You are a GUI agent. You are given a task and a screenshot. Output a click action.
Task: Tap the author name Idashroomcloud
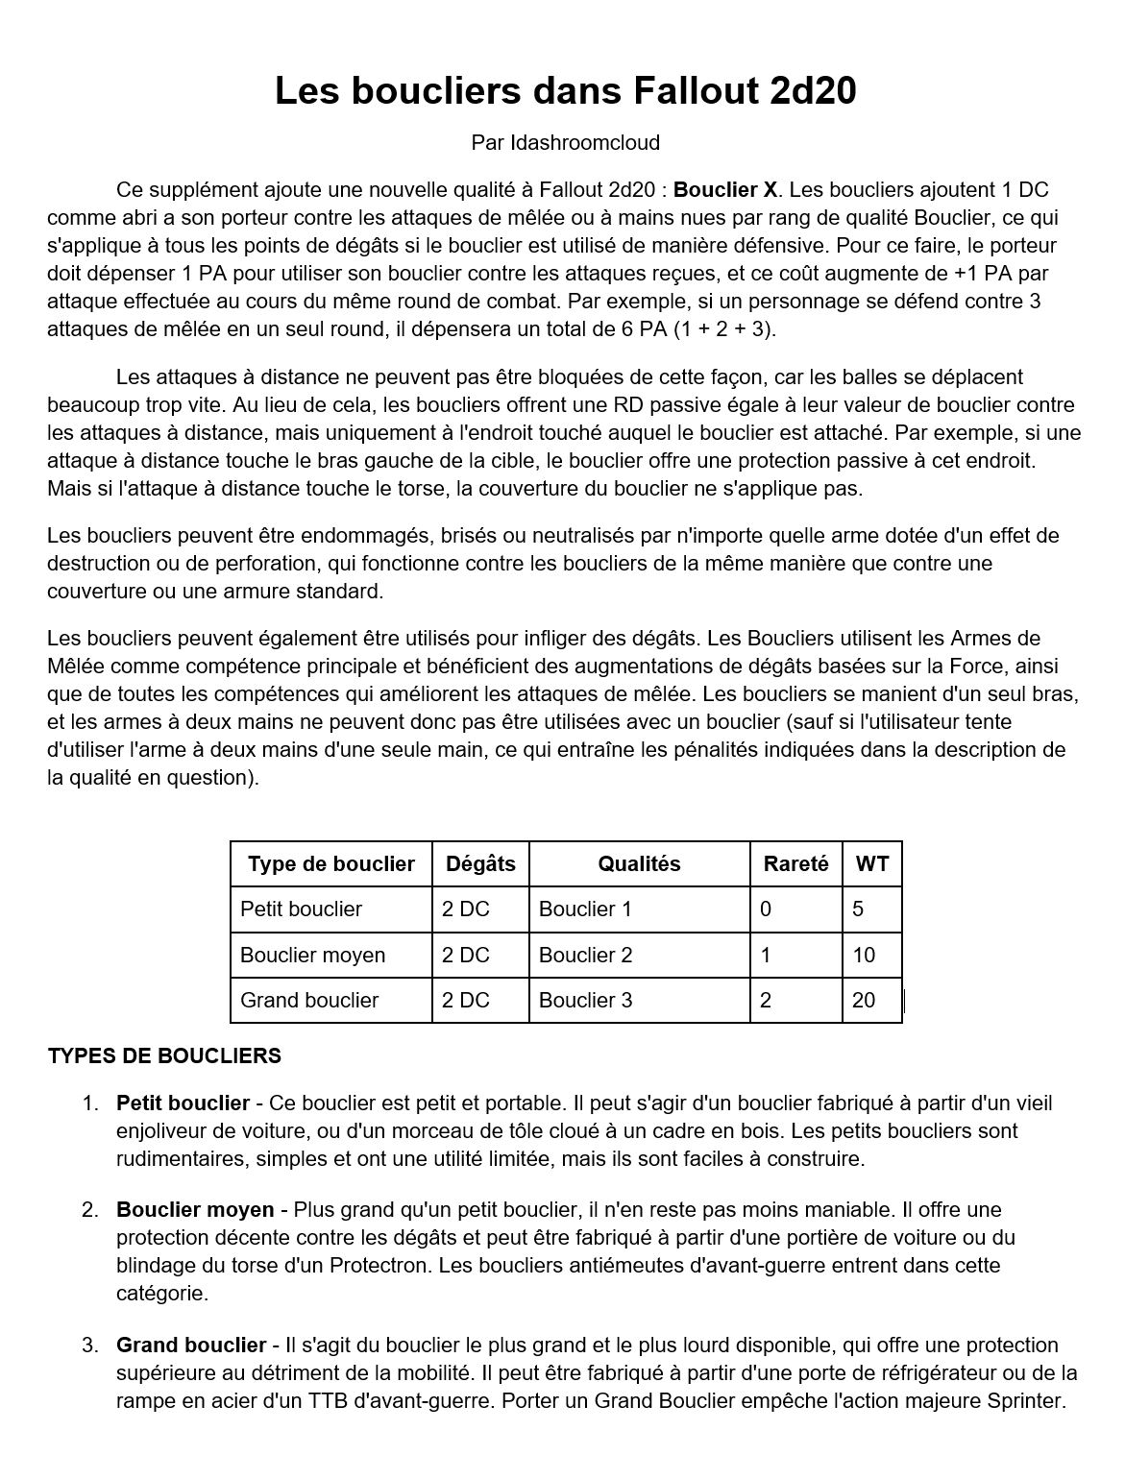[x=585, y=143]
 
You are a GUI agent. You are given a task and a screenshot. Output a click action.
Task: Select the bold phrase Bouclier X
[x=725, y=189]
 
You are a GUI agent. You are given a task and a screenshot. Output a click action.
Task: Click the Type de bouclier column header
[x=330, y=863]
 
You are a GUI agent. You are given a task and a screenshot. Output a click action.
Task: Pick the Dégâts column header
[x=480, y=863]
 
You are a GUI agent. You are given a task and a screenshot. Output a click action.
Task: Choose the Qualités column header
[x=639, y=863]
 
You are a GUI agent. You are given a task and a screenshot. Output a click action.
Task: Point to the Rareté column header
[x=795, y=863]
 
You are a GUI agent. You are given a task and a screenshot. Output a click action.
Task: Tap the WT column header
[x=872, y=863]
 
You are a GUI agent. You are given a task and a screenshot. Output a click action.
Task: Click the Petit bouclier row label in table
[x=301, y=909]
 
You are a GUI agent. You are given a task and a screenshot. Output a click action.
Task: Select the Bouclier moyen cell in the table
[x=312, y=955]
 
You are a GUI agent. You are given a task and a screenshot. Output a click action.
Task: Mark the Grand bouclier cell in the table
[x=309, y=1000]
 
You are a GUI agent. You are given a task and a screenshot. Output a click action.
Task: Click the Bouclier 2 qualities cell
[x=585, y=955]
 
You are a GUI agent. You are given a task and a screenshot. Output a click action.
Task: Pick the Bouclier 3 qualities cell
[x=585, y=1000]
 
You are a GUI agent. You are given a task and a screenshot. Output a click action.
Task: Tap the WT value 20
[x=864, y=1000]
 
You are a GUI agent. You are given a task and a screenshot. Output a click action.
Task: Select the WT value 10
[x=864, y=955]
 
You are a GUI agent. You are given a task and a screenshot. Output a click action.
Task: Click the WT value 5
[x=858, y=909]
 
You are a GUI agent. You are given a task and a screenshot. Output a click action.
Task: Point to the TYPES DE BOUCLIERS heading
[x=164, y=1055]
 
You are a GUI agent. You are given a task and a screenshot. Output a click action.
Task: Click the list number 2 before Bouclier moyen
[x=90, y=1209]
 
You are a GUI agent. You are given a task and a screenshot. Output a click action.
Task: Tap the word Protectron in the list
[x=380, y=1265]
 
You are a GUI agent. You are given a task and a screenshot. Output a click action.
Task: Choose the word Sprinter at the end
[x=1025, y=1400]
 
